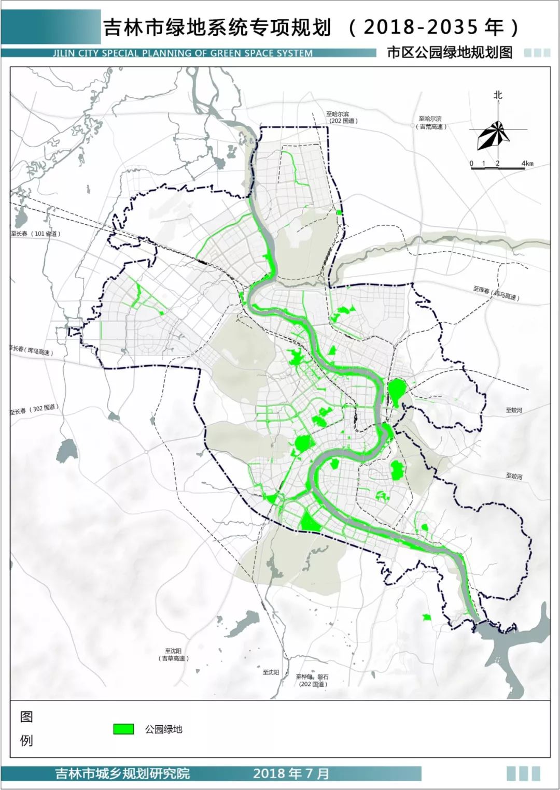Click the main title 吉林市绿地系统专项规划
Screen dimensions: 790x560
tap(217, 27)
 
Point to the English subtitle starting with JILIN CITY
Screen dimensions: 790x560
tap(183, 53)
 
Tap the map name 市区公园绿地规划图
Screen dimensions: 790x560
tap(449, 53)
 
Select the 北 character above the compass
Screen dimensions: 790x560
tap(498, 95)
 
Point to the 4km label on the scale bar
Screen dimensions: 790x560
tap(527, 164)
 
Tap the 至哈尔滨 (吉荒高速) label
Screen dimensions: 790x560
tap(431, 123)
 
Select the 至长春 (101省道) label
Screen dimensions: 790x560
tap(36, 234)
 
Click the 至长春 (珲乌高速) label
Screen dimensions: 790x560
tap(31, 350)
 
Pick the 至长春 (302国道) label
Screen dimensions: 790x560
tap(34, 410)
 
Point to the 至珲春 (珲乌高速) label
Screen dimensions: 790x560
tap(496, 293)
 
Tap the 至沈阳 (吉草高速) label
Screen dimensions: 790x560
tap(174, 654)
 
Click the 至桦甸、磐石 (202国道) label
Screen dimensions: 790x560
tap(312, 680)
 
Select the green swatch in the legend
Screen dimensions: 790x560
tap(123, 729)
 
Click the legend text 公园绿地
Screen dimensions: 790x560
tap(164, 729)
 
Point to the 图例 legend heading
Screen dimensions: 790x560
tap(26, 728)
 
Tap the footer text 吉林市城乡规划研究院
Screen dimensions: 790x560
tap(122, 774)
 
